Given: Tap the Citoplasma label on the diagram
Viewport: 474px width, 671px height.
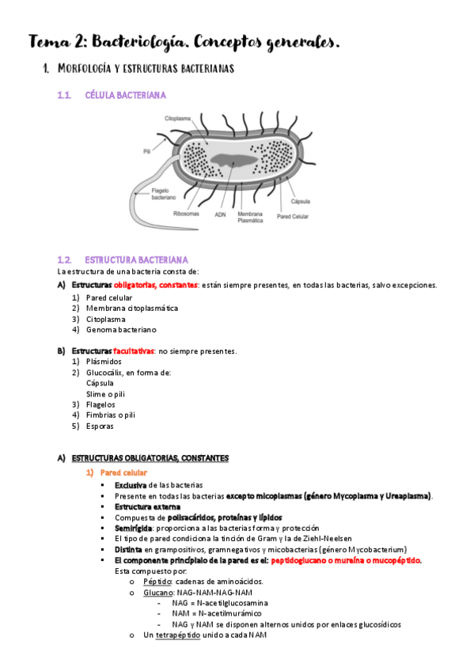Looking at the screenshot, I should pyautogui.click(x=178, y=119).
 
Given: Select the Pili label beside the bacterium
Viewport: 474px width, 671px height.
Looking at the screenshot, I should pyautogui.click(x=146, y=149).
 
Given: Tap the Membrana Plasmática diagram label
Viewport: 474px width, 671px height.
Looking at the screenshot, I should pyautogui.click(x=251, y=217).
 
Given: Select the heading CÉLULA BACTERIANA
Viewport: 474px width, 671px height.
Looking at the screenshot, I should pyautogui.click(x=125, y=95).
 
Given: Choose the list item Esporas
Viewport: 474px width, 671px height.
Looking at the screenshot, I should pyautogui.click(x=100, y=426).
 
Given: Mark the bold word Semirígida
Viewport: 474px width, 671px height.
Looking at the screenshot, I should pyautogui.click(x=135, y=528).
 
